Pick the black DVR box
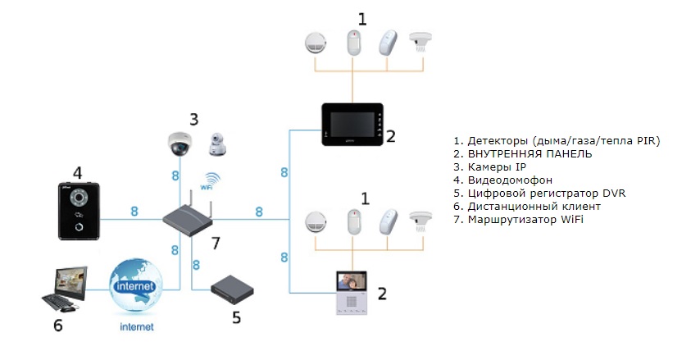[x=233, y=288]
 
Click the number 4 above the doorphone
[x=77, y=173]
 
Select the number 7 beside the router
[x=216, y=243]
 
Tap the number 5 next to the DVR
[x=236, y=317]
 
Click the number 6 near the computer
[x=57, y=326]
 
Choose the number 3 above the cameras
[x=193, y=119]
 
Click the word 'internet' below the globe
[x=134, y=327]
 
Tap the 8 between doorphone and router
[x=134, y=212]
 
